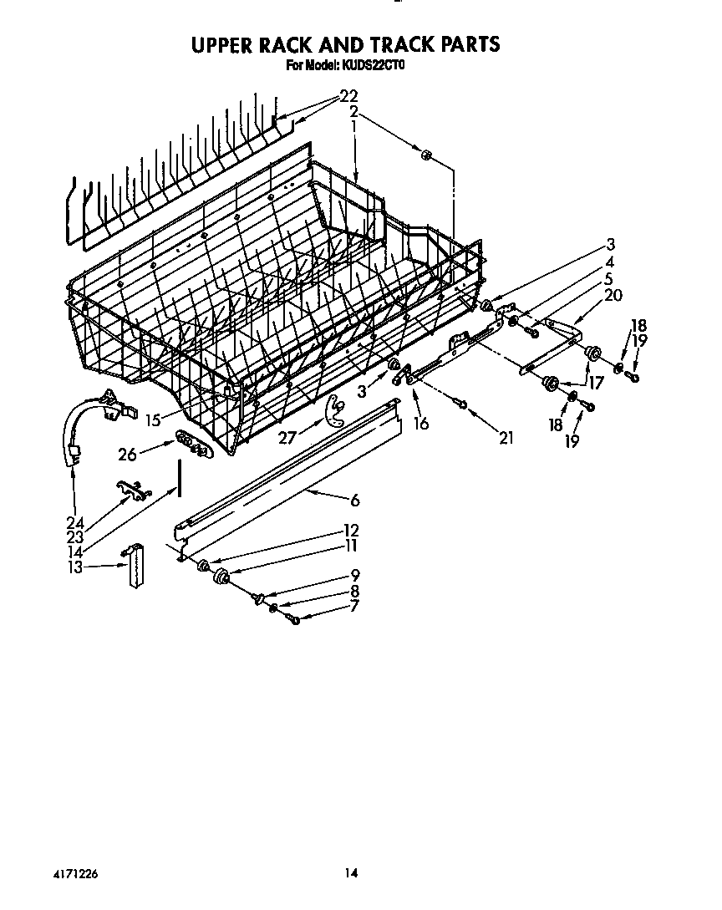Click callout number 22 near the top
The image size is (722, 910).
click(x=348, y=95)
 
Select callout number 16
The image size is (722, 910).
click(x=420, y=424)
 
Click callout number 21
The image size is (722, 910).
click(x=506, y=437)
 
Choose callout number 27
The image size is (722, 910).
click(x=287, y=437)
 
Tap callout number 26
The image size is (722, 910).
click(x=128, y=454)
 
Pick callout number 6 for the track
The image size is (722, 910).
click(x=354, y=500)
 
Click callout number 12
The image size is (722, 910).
click(x=351, y=530)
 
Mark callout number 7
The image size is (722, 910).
click(x=354, y=606)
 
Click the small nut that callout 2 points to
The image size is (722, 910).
click(x=425, y=154)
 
